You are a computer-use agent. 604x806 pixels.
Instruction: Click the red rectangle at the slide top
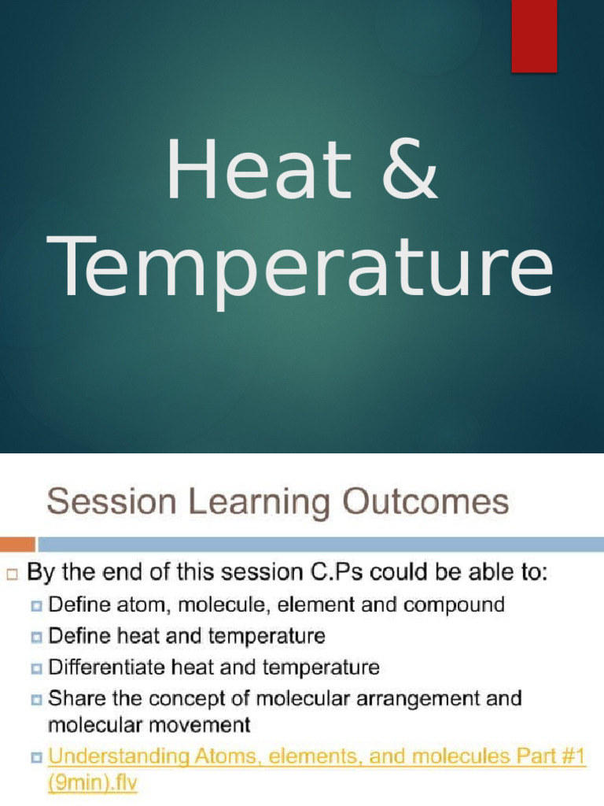(x=534, y=36)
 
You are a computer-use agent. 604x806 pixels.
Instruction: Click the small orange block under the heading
(x=17, y=544)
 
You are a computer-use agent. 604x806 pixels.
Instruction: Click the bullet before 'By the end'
(x=12, y=575)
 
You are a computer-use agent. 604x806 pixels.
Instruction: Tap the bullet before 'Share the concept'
(x=37, y=700)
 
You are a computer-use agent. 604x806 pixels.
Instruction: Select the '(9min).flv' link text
(x=93, y=783)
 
